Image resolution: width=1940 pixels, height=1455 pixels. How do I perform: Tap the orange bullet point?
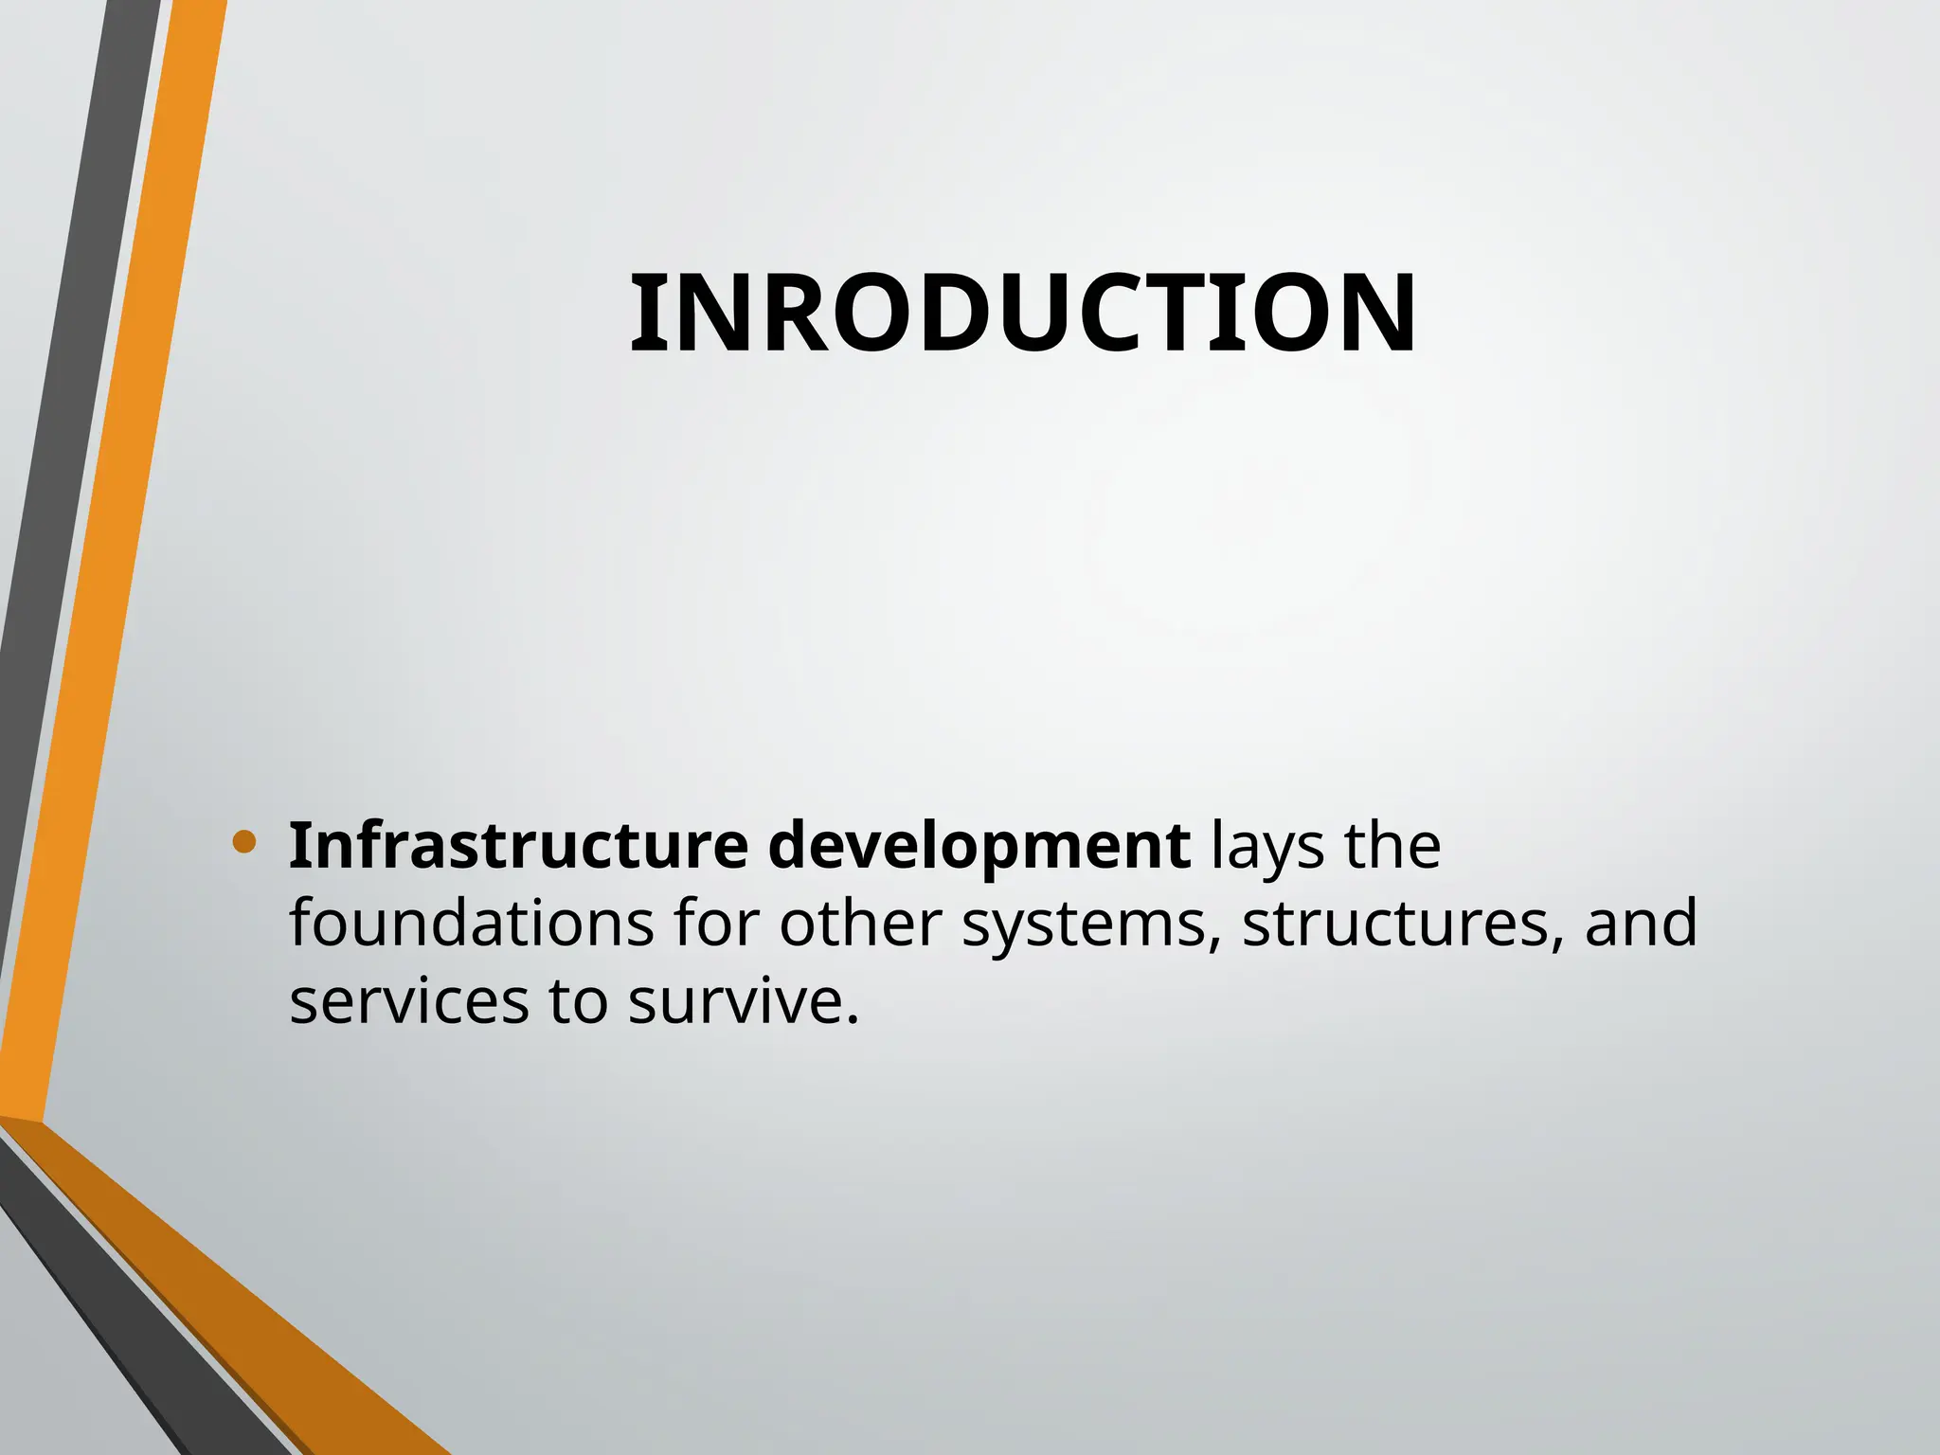pos(243,841)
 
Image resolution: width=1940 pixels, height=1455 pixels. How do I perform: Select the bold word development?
pos(979,847)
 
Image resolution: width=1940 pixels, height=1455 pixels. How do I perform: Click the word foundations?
pos(471,923)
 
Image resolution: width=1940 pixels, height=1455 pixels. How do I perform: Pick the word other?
pos(860,923)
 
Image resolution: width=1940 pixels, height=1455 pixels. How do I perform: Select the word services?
pos(408,1002)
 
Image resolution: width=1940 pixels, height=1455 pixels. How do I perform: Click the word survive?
pos(743,1002)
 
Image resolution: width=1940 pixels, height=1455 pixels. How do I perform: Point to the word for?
pos(716,923)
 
